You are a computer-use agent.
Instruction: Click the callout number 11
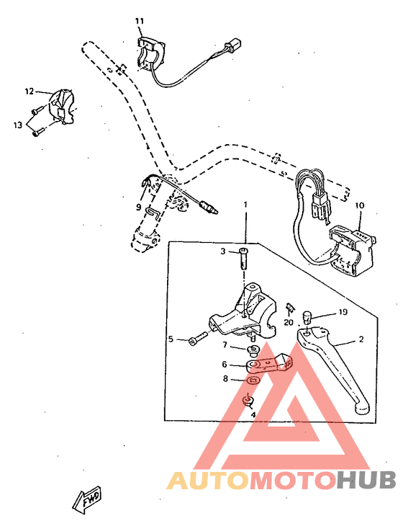tap(139, 21)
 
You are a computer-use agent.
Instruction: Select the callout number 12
tap(30, 92)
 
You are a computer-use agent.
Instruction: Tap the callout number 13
tap(17, 125)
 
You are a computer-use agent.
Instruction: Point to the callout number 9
tap(139, 208)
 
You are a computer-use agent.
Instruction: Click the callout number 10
tap(359, 205)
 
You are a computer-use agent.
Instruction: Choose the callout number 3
tap(223, 251)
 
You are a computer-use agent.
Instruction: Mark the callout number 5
tap(171, 339)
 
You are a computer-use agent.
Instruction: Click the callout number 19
tap(343, 313)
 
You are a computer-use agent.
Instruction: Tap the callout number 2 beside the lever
tap(361, 339)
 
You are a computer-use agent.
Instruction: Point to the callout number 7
tap(224, 347)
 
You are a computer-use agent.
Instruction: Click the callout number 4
tap(253, 414)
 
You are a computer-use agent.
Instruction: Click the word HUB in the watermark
tap(367, 481)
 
